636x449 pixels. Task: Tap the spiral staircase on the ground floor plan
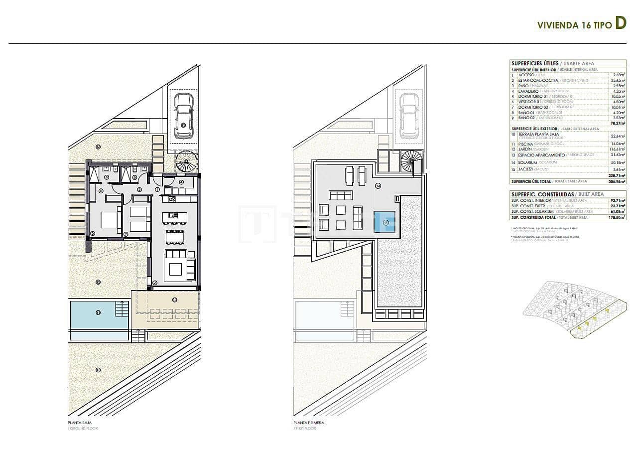click(186, 161)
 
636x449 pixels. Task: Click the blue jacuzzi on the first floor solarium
click(384, 222)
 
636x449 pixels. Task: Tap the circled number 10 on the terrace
click(174, 299)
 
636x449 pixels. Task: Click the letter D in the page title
click(620, 23)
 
